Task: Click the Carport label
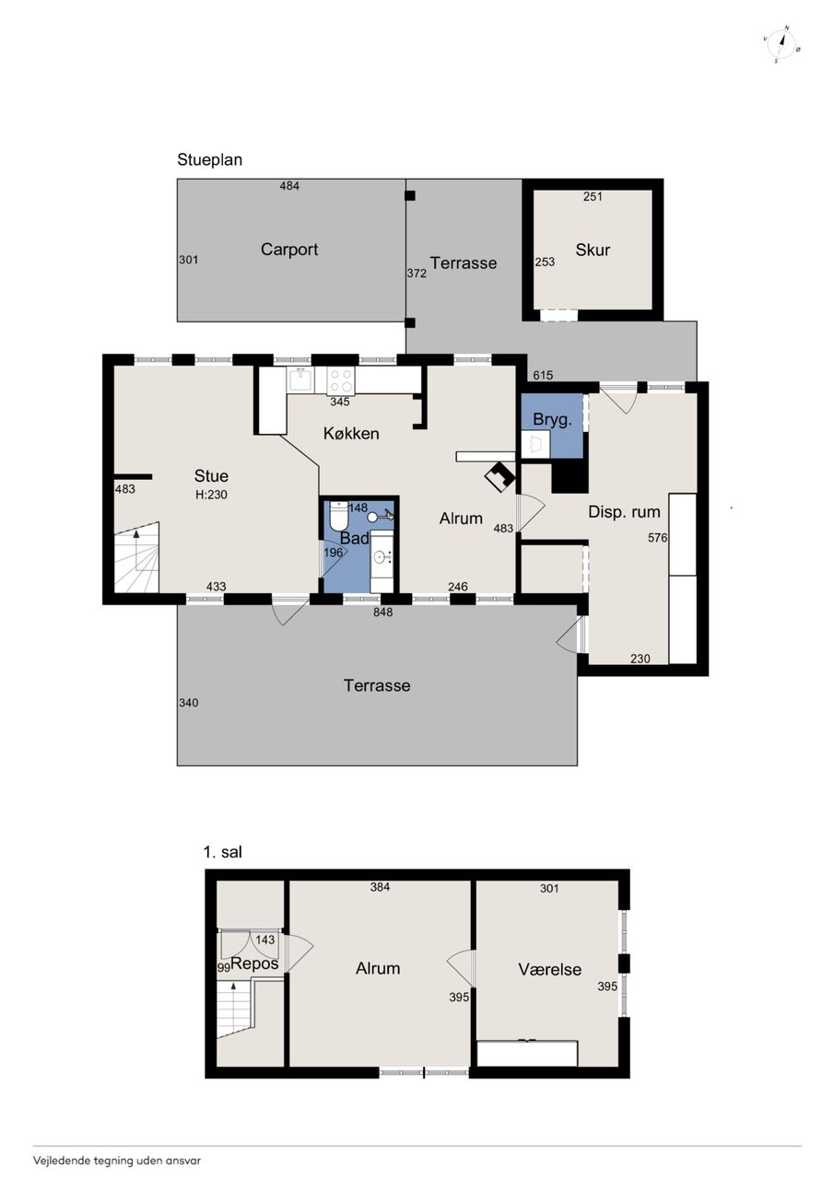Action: [x=289, y=249]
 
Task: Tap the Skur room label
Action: [x=593, y=250]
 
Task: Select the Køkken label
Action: [x=351, y=433]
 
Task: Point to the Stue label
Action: [x=211, y=476]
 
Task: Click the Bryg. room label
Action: [x=552, y=419]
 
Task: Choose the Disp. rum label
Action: [x=624, y=511]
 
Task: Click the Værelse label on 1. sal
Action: [x=549, y=969]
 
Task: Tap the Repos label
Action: [x=254, y=963]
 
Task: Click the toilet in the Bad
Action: [x=338, y=517]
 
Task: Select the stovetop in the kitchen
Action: [x=340, y=380]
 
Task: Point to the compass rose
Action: [x=781, y=44]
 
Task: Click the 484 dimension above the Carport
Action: [x=289, y=186]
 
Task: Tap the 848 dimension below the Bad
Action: [x=382, y=613]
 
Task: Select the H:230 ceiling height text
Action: [x=211, y=495]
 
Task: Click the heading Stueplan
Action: [x=209, y=159]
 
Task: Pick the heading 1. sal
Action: [x=223, y=852]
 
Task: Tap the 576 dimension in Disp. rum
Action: [x=658, y=537]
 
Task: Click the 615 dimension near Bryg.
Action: [x=543, y=375]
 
